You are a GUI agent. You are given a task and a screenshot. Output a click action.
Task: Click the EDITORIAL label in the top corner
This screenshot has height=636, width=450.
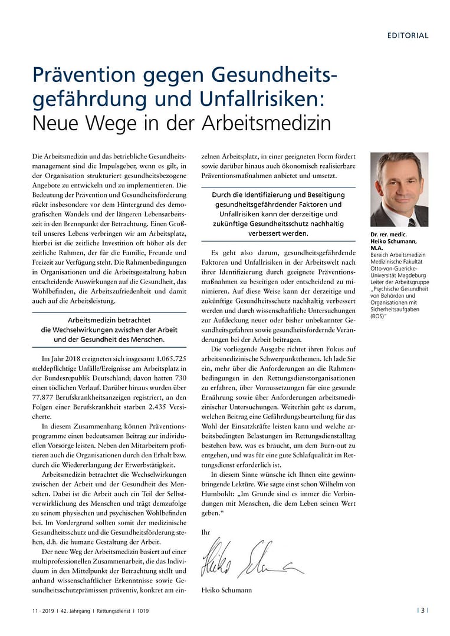(x=408, y=35)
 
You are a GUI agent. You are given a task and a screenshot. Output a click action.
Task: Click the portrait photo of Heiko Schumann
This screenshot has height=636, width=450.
(x=399, y=189)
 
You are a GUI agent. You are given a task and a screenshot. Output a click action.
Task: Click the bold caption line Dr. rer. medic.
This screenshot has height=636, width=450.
(x=387, y=236)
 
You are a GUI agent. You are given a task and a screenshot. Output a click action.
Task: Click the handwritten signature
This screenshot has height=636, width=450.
(x=251, y=561)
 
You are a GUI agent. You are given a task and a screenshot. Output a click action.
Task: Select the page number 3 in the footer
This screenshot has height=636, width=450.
(x=422, y=611)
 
